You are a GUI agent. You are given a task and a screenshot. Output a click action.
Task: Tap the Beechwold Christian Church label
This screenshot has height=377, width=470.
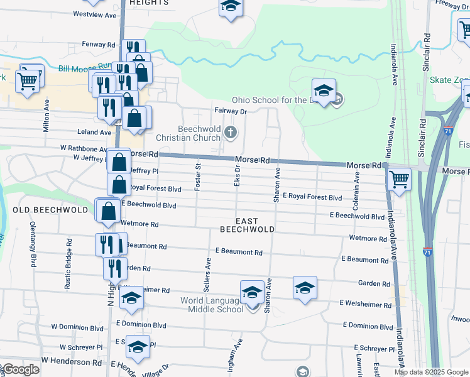(x=198, y=133)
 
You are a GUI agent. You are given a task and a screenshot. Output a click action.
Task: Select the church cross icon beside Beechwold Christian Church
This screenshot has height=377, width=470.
(x=231, y=132)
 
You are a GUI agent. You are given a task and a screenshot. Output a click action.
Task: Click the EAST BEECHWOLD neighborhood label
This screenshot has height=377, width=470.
(x=247, y=225)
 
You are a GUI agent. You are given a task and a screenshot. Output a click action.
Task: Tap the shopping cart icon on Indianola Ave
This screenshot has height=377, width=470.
(x=400, y=178)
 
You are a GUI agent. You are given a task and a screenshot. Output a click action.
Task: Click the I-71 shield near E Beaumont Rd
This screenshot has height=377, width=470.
(x=427, y=251)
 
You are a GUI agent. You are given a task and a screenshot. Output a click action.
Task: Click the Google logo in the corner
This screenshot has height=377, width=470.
(x=20, y=369)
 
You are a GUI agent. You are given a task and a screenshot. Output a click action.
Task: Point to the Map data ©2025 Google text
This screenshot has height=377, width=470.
(x=430, y=372)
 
